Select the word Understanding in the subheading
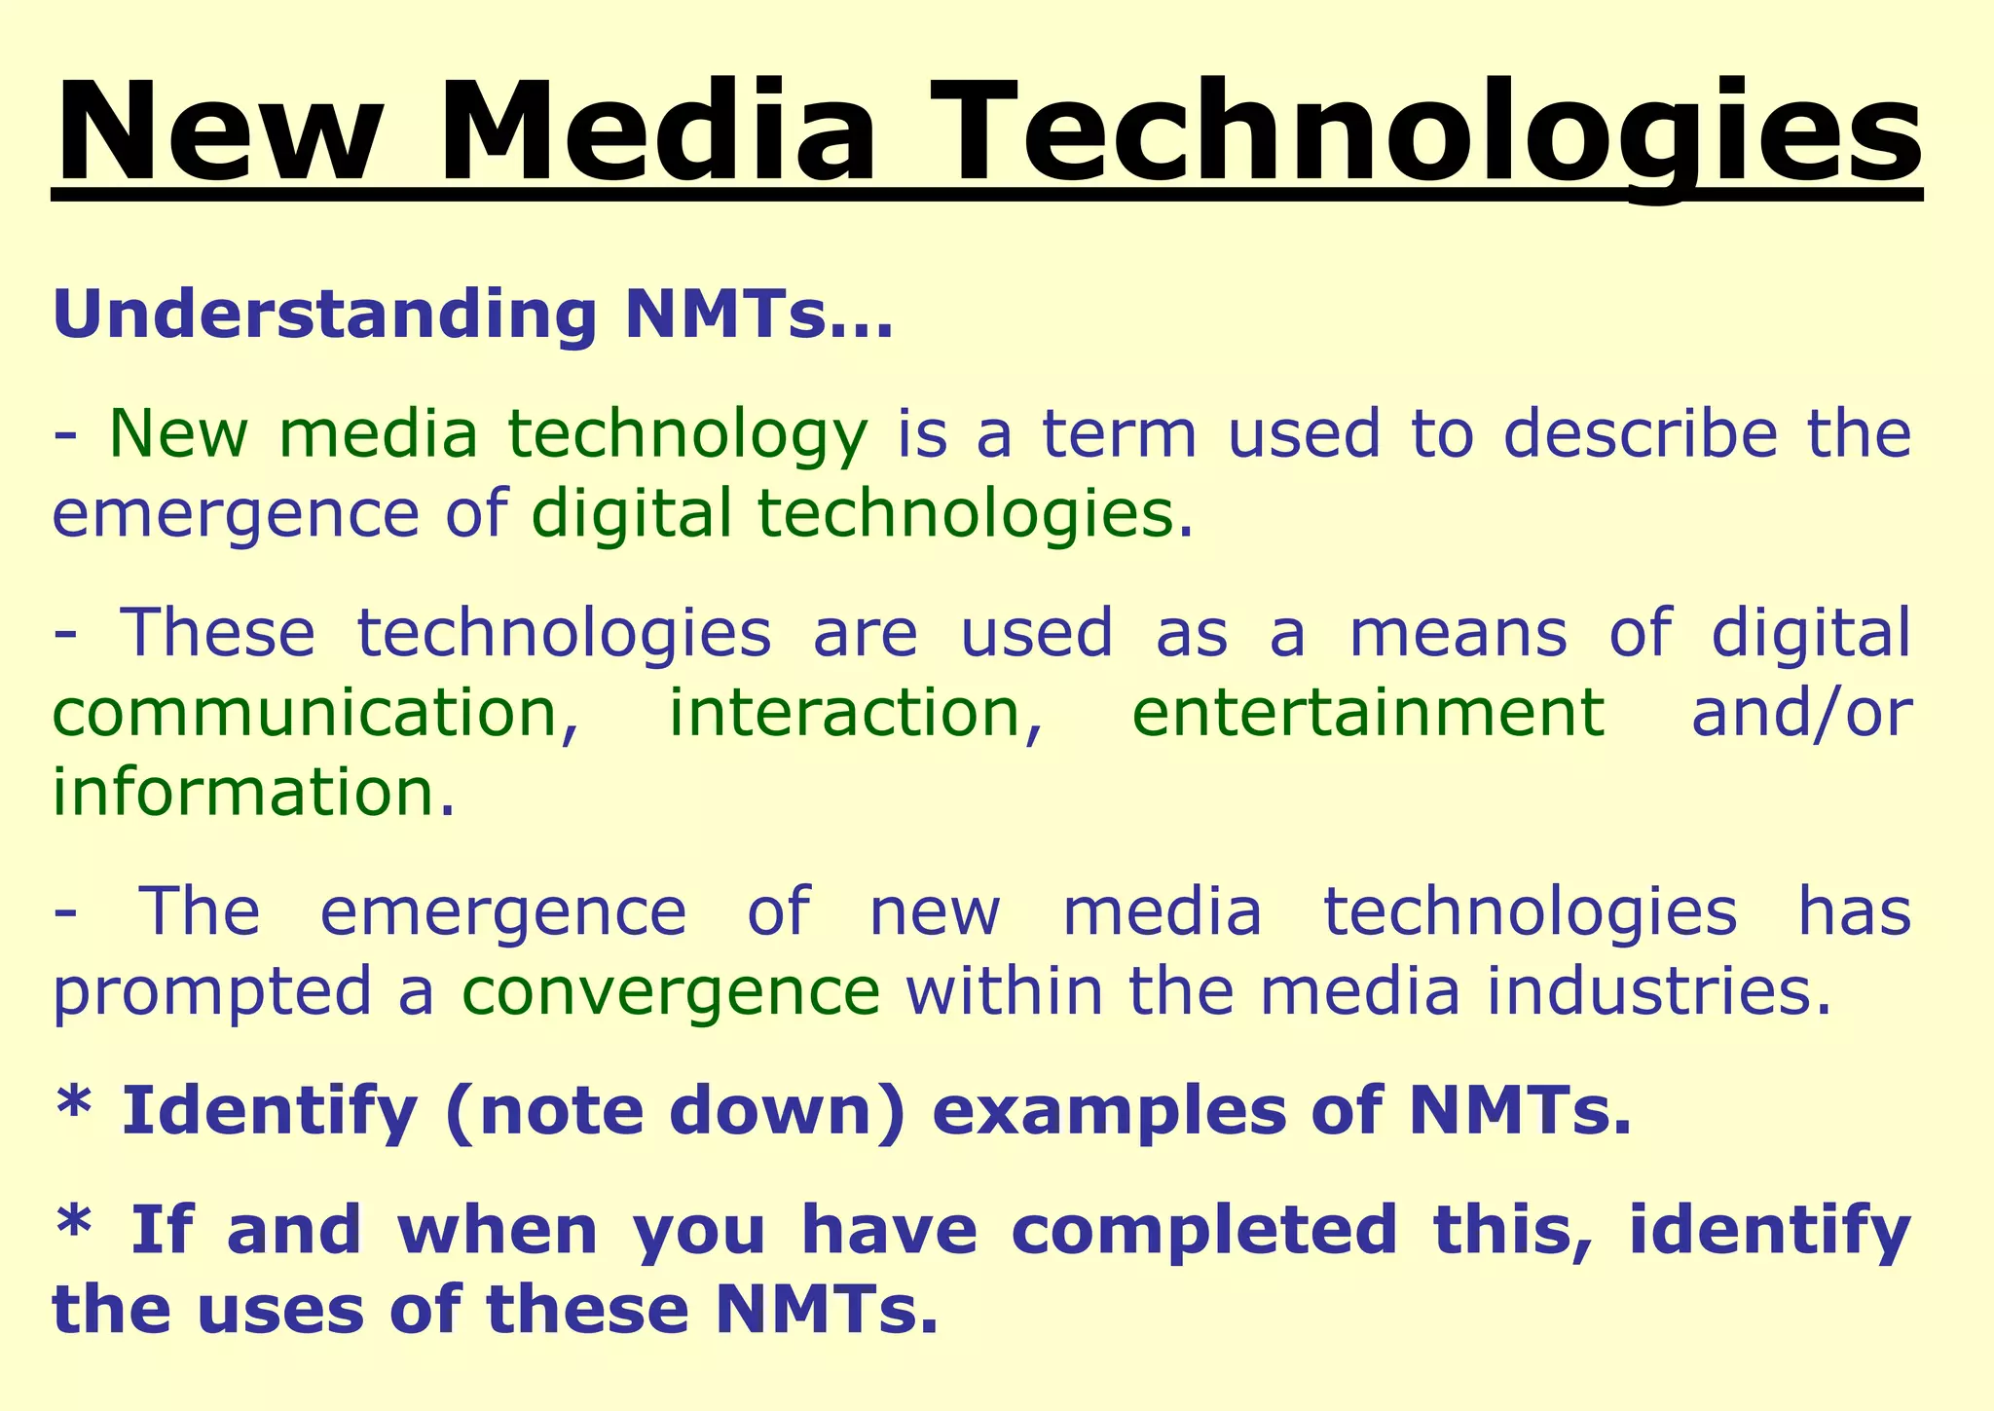pyautogui.click(x=324, y=315)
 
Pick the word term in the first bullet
pyautogui.click(x=1119, y=434)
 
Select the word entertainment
pyautogui.click(x=1368, y=712)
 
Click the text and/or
pyautogui.click(x=1801, y=712)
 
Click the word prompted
pyautogui.click(x=212, y=993)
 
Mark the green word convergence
pyautogui.click(x=671, y=993)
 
